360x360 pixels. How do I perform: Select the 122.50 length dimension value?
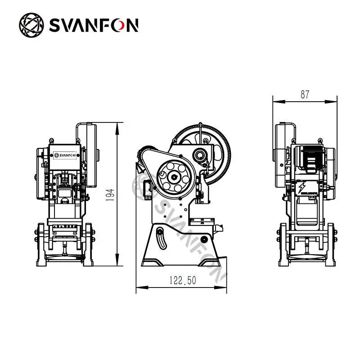point(183,280)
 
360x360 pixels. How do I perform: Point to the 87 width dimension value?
point(305,94)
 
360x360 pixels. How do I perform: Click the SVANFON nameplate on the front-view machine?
point(66,156)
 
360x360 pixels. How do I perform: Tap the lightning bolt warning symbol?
point(300,185)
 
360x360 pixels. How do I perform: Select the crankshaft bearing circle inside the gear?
point(199,156)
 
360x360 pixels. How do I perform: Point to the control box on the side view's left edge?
point(146,187)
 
